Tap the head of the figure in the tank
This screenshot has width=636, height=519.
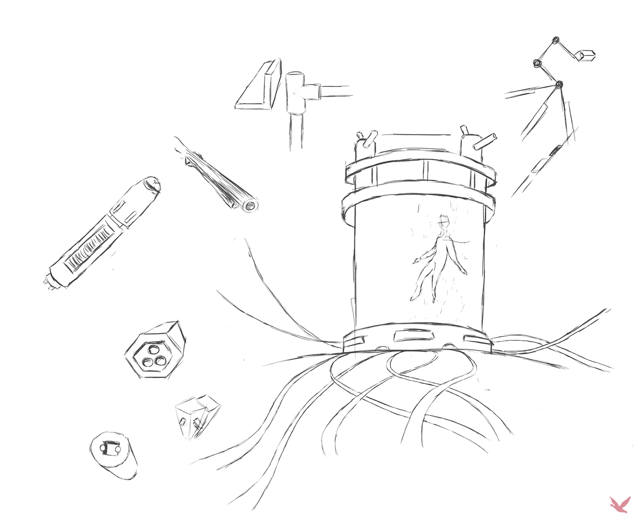tap(444, 221)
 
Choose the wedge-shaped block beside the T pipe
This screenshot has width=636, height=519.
tap(258, 87)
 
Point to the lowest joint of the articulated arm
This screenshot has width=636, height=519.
tap(559, 84)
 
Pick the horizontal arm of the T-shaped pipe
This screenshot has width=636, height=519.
tap(334, 91)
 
